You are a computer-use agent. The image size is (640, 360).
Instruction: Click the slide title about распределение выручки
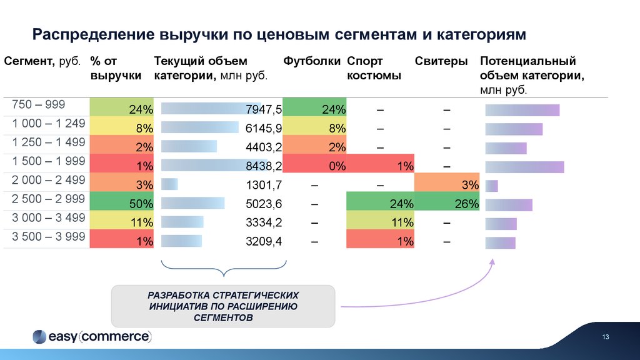(x=280, y=34)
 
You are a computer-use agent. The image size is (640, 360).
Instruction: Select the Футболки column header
(x=312, y=61)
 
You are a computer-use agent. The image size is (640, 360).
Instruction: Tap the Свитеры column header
(x=441, y=61)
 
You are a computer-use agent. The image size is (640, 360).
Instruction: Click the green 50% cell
(x=122, y=203)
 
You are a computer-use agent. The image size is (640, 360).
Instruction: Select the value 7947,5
(x=264, y=110)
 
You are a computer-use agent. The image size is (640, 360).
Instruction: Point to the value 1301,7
(x=264, y=184)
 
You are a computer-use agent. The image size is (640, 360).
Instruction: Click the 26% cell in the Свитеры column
(x=447, y=203)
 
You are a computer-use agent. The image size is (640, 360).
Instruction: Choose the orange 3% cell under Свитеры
(x=447, y=184)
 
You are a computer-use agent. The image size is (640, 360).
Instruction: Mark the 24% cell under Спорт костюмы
(x=379, y=203)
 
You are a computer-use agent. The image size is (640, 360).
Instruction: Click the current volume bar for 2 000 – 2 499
(x=169, y=184)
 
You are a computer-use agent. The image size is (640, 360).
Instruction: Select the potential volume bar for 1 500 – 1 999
(x=524, y=167)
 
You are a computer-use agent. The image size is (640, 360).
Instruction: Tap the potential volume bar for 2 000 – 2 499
(x=492, y=186)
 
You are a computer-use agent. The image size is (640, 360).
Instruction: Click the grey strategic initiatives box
(x=223, y=306)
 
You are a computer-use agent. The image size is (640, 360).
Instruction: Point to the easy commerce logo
(x=92, y=336)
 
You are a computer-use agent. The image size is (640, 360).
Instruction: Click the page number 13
(x=605, y=337)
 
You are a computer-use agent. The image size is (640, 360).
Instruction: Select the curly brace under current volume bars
(x=223, y=268)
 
